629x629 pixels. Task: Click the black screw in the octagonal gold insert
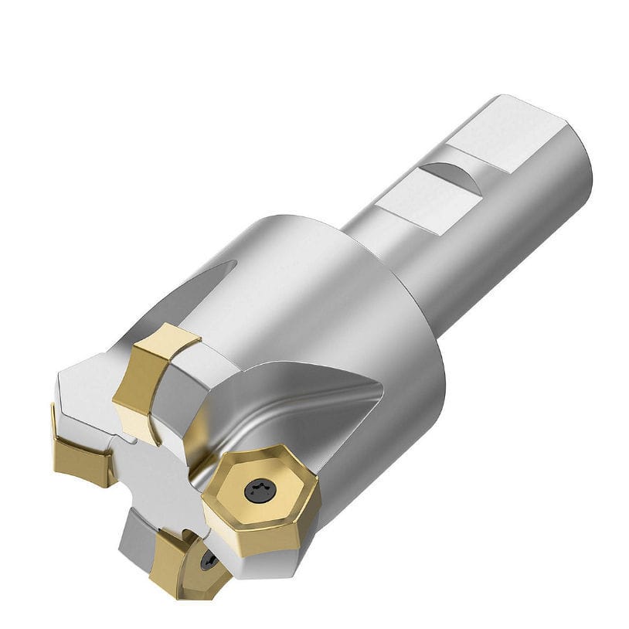257,489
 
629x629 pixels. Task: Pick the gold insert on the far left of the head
80,456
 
